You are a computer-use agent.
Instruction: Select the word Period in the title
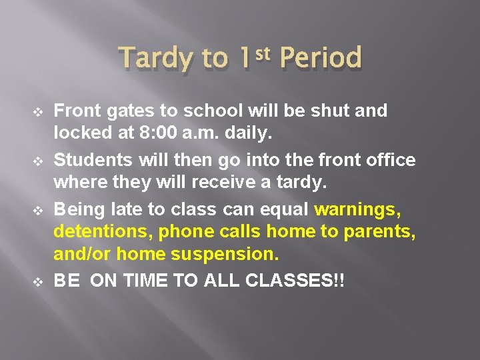click(321, 59)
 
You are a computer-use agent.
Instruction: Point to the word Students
click(93, 160)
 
